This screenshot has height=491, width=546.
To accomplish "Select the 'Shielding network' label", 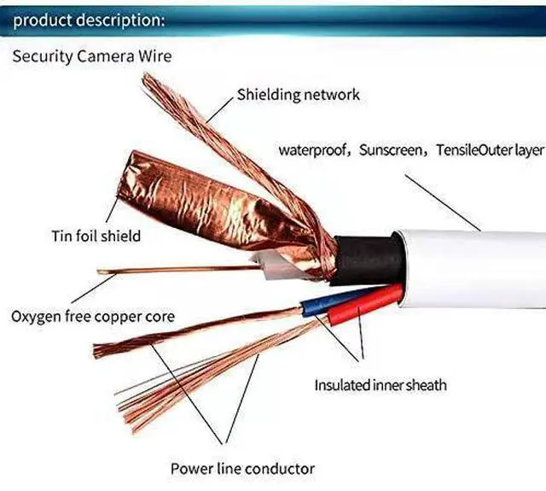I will click(299, 95).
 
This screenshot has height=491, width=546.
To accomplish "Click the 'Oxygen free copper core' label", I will click(93, 317).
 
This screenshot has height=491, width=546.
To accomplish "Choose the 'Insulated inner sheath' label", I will click(380, 385).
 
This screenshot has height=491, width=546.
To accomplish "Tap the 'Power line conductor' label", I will click(243, 468).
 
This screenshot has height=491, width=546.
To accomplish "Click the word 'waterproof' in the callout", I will click(315, 150).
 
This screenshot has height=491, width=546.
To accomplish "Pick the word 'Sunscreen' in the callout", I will click(391, 150).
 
